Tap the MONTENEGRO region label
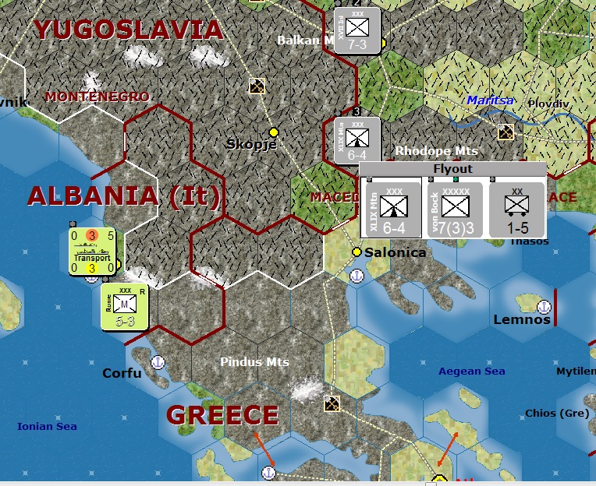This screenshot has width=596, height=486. pos(97,97)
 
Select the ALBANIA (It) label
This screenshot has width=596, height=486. pos(124,195)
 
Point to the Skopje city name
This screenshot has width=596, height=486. pos(251,144)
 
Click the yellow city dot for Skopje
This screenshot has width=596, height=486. pos(273,132)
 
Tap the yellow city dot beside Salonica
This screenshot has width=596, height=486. pos(357,252)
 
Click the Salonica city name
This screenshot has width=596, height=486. pos(396,252)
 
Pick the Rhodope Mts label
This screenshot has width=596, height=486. pos(436,150)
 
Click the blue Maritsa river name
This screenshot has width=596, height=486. pos(491,100)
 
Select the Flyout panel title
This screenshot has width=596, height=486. pos(452,168)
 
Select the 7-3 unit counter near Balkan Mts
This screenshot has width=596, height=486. pos(357,30)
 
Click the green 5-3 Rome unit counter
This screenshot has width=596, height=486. pos(124,306)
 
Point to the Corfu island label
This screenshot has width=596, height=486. pos(122,373)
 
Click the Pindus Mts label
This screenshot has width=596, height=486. pos(254,362)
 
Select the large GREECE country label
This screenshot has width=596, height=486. pos(222,414)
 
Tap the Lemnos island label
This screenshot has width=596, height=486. pos(522,319)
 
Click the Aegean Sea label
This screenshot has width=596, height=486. pos(471,372)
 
